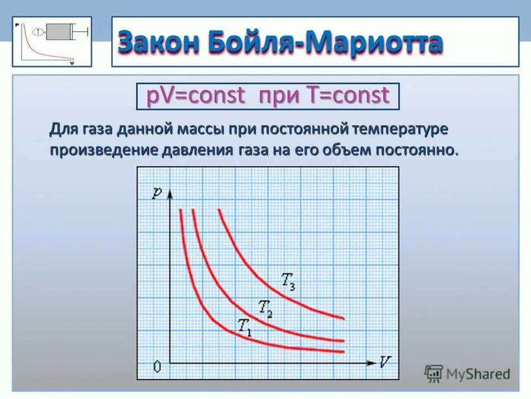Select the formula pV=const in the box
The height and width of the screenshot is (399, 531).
[x=195, y=96]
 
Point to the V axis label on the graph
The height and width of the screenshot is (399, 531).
[x=386, y=362]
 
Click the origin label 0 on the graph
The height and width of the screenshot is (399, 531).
[x=157, y=367]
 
